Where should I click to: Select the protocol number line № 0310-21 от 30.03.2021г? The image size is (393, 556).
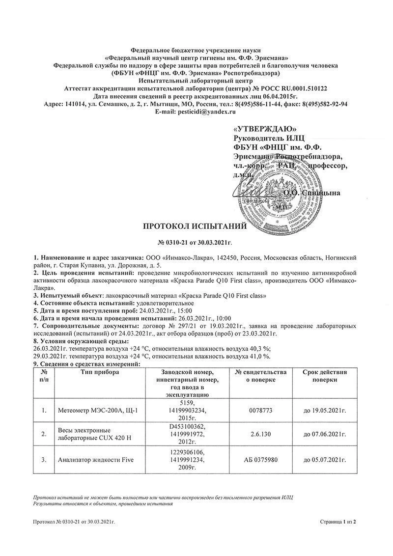point(195,243)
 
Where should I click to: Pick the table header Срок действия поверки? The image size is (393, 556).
point(325,376)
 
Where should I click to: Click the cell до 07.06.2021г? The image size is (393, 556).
point(325,434)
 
